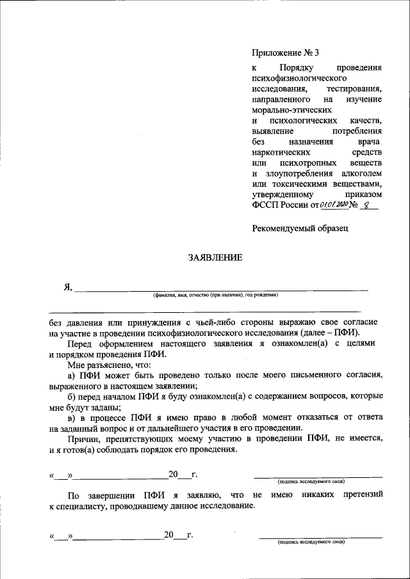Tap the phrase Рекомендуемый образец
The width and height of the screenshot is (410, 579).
(300, 227)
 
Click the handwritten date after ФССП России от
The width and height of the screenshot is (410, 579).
(333, 205)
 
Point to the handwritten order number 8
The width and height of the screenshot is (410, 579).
(366, 205)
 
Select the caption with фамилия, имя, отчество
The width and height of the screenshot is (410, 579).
(215, 295)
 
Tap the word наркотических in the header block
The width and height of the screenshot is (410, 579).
(282, 154)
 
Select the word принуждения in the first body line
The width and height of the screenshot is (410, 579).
(163, 322)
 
